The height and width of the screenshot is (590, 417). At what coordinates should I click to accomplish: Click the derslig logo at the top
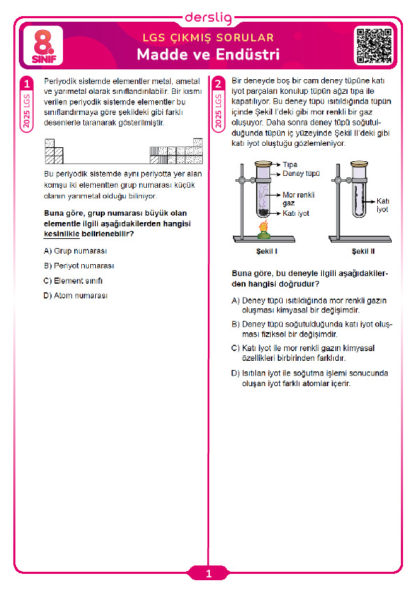click(x=208, y=18)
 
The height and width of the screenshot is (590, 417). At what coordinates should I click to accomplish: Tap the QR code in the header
click(x=374, y=46)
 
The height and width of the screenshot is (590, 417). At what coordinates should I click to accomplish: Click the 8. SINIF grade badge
click(x=43, y=46)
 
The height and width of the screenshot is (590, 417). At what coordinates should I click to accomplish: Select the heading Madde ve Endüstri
click(x=208, y=55)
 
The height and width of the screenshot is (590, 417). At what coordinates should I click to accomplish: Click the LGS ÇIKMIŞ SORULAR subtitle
click(x=208, y=38)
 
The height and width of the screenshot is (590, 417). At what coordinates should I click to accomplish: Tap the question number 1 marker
click(x=27, y=83)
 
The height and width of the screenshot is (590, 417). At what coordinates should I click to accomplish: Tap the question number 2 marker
click(x=218, y=83)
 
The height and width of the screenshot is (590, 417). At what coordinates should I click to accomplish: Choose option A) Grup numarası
click(x=75, y=251)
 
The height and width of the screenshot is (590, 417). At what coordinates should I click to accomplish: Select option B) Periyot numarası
click(x=78, y=266)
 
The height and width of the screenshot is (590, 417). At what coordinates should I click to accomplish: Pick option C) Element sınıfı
click(x=73, y=281)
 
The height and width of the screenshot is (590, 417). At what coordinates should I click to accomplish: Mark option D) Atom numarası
click(x=76, y=296)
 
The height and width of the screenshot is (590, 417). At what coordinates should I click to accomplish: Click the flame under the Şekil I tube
click(x=264, y=228)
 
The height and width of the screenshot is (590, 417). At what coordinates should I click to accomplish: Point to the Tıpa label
click(x=290, y=165)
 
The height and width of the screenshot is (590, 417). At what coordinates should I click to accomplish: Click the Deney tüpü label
click(x=302, y=174)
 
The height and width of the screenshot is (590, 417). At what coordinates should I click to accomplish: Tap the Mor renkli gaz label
click(x=299, y=199)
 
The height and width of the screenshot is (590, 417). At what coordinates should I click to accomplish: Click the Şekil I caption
click(x=267, y=252)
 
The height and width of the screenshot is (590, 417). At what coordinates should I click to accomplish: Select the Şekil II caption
click(x=363, y=252)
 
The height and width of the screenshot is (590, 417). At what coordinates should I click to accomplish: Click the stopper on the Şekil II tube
click(x=359, y=164)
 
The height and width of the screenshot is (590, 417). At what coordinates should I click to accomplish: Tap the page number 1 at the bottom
click(x=208, y=574)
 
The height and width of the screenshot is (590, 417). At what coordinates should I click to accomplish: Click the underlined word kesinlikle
click(x=62, y=234)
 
